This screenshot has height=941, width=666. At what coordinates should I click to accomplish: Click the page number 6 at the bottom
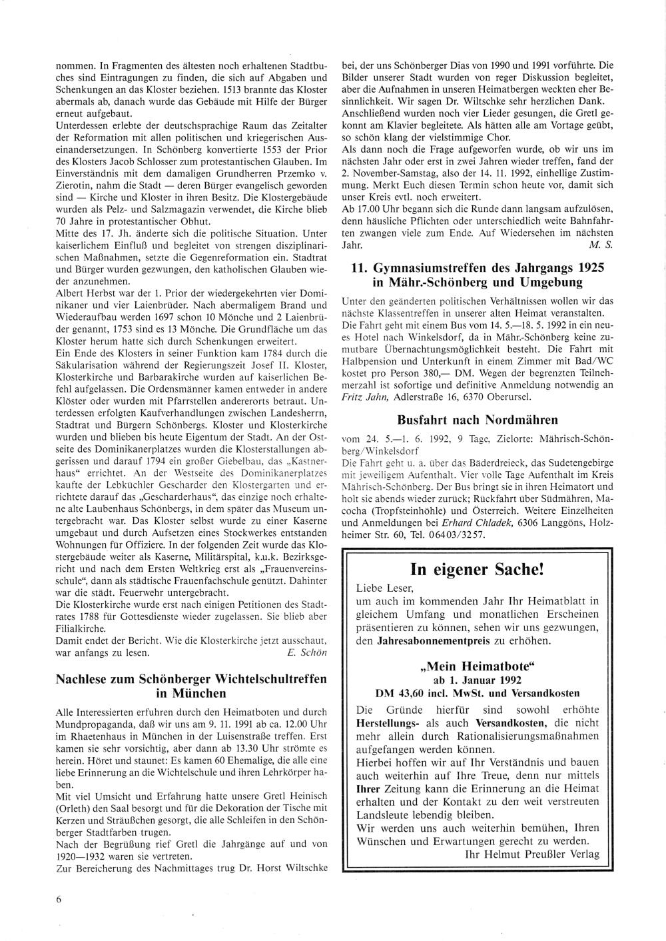click(59, 899)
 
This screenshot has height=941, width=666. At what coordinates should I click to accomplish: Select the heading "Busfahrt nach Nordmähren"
click(477, 420)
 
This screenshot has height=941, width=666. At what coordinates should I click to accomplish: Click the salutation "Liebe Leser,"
click(385, 588)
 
